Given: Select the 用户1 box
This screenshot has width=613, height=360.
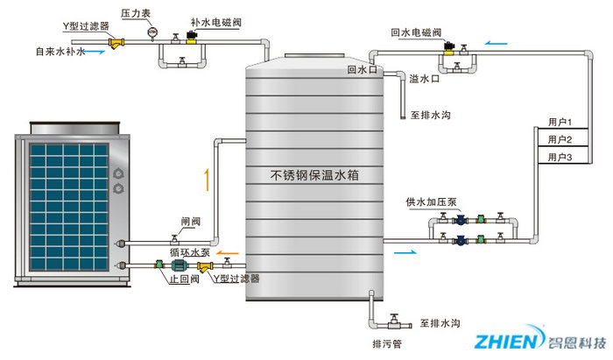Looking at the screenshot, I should pyautogui.click(x=559, y=123).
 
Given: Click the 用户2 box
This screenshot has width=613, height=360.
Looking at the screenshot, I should pyautogui.click(x=559, y=139).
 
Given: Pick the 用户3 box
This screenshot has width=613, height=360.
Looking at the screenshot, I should pyautogui.click(x=559, y=157).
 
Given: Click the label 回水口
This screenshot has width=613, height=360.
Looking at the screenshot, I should pyautogui.click(x=361, y=69).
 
